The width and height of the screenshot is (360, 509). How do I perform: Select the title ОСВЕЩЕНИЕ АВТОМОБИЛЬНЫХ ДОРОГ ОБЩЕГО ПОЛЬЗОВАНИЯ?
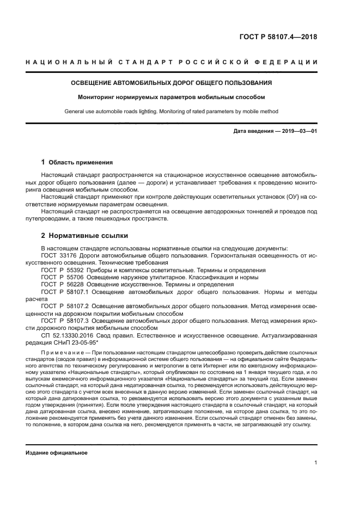pos(172,83)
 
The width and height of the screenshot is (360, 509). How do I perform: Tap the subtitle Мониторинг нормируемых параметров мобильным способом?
pos(172,97)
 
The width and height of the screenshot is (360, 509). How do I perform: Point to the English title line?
pos(172,112)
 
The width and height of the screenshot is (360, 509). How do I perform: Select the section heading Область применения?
pos(81,162)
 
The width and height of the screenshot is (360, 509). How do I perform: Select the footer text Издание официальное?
pos(57,453)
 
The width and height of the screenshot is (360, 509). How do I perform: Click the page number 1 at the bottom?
pos(316,463)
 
